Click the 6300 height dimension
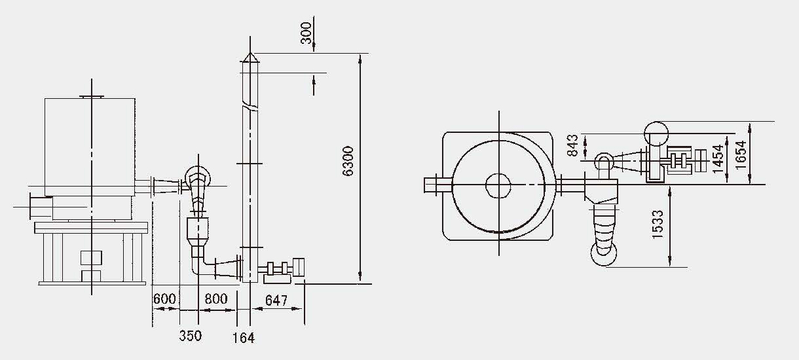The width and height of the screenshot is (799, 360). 347,161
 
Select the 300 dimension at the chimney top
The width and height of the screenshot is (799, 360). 306,33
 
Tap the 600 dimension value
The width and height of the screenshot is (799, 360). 164,298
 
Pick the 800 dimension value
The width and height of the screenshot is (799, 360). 216,298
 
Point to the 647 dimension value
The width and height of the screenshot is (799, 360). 276,300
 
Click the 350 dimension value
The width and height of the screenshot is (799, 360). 191,336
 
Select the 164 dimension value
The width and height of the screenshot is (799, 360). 244,338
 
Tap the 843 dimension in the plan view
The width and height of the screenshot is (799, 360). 573,145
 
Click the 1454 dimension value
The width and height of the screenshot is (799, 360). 718,158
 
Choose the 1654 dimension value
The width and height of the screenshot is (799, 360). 741,154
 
